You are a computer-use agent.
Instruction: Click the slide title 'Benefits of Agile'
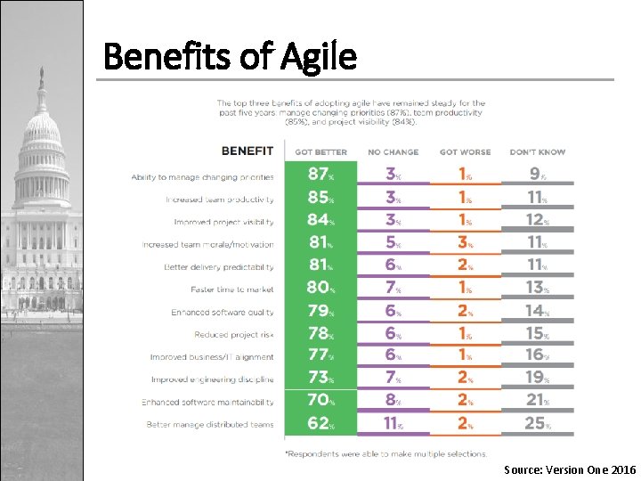pos(230,57)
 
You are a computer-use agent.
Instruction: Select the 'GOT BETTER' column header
pos(320,152)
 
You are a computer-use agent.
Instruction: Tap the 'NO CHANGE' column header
pos(392,152)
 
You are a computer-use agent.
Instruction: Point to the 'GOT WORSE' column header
pos(465,152)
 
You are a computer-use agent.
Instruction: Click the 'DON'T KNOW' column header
pos(537,152)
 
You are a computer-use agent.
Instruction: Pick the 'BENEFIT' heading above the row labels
pos(247,151)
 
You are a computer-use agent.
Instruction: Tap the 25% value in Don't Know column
pos(537,423)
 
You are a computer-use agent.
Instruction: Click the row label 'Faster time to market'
pos(231,289)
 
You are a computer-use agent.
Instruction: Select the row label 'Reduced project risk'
pos(233,335)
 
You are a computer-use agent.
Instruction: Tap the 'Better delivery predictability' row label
pos(218,267)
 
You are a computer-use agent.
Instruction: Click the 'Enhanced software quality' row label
pos(223,313)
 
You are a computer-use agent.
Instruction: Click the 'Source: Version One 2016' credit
pos(570,469)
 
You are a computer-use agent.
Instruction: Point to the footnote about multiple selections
pos(385,453)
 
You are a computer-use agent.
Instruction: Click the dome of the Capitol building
pos(41,125)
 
